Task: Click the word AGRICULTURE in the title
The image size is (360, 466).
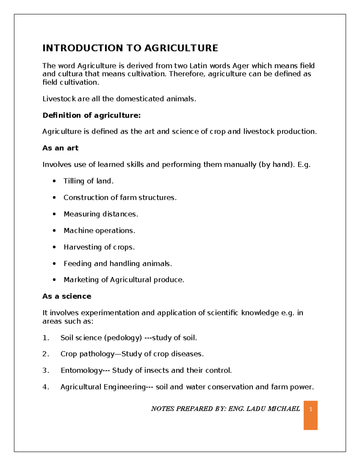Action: [181, 48]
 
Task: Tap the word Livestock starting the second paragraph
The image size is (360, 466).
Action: [59, 99]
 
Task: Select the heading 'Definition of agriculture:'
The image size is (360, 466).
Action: [91, 115]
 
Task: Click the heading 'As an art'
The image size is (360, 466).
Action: [60, 148]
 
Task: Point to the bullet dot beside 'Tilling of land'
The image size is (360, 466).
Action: [54, 181]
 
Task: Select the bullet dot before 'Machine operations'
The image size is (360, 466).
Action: [54, 230]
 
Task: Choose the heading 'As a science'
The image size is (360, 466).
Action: [67, 296]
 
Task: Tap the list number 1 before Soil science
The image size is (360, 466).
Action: [45, 338]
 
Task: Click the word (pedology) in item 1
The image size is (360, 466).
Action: [123, 338]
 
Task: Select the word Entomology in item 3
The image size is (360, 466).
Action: [81, 370]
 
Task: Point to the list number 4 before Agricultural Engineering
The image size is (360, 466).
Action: [45, 387]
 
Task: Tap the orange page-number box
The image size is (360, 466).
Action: [310, 415]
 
